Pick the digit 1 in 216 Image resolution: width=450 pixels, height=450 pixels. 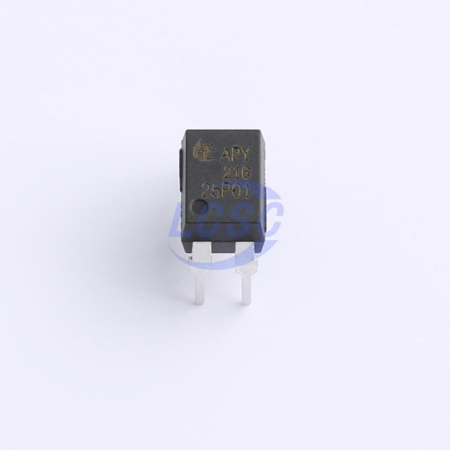tap(237, 173)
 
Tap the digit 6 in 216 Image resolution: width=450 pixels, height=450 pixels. tap(246, 174)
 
